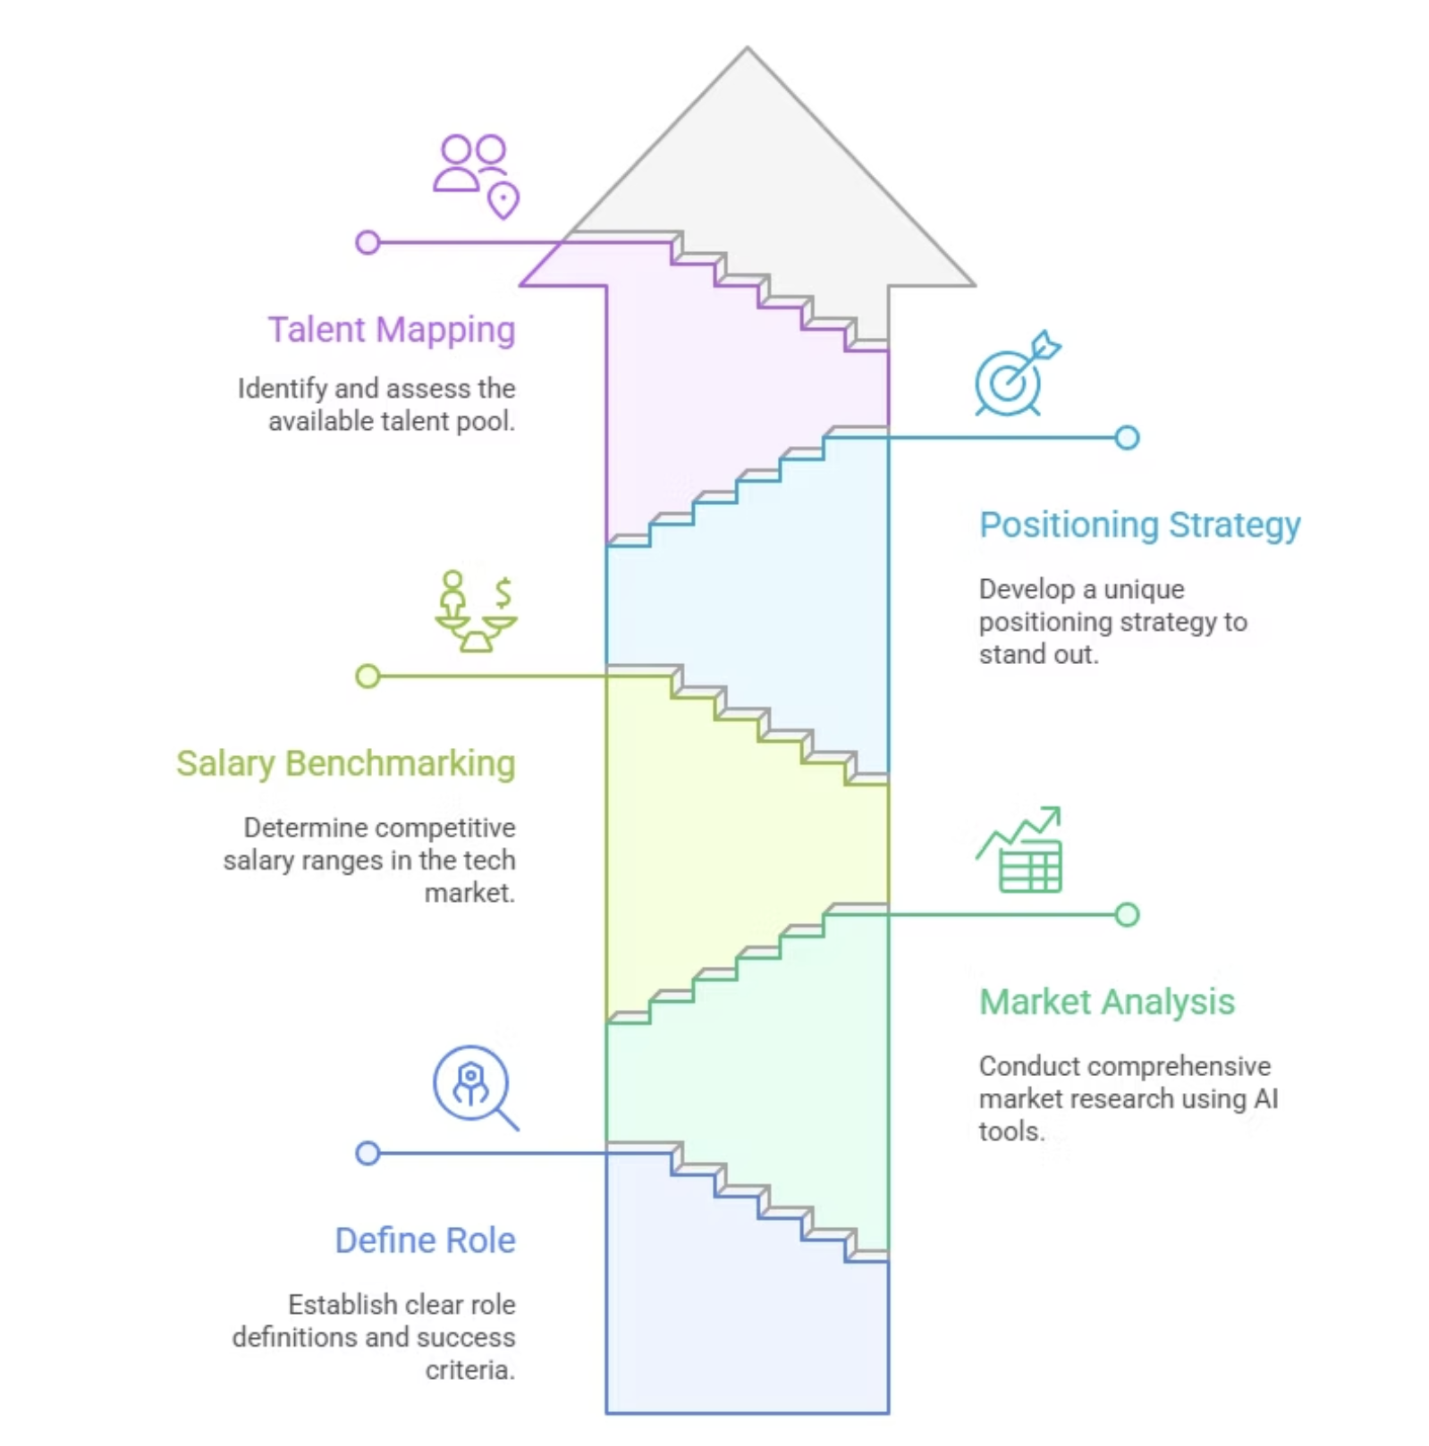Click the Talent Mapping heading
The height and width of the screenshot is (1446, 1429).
click(392, 331)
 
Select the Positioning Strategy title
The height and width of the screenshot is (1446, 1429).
click(1139, 525)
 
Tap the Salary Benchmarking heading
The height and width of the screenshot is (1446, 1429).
click(345, 764)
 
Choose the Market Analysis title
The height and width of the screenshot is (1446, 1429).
click(1106, 1003)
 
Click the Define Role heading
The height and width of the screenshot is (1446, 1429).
click(425, 1240)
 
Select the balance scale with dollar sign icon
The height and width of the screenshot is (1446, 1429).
click(477, 612)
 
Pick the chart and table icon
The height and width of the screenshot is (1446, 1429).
click(1020, 851)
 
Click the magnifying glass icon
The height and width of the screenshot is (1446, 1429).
click(475, 1087)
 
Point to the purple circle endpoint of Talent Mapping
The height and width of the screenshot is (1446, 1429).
click(368, 242)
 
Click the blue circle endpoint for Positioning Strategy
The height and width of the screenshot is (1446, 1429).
click(1127, 438)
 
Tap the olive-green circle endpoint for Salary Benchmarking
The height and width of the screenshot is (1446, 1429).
click(368, 677)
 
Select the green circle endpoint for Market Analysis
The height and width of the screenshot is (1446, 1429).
click(1127, 915)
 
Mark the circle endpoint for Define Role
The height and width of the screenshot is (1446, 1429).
click(368, 1154)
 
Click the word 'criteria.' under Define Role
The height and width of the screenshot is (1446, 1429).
click(470, 1370)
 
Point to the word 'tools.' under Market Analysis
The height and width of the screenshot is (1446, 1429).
click(1011, 1132)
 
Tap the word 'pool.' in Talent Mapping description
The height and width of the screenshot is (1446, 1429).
click(486, 422)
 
